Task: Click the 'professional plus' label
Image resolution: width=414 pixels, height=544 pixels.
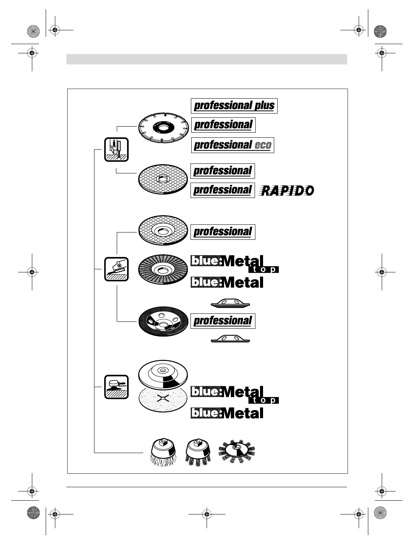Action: (234, 106)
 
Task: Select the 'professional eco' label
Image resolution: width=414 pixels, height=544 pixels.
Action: (232, 145)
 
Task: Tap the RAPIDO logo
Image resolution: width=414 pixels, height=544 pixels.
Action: (287, 190)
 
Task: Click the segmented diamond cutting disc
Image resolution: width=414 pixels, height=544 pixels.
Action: (163, 127)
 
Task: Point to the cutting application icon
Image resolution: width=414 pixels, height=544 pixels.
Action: (116, 150)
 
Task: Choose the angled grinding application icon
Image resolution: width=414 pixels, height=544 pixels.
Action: (116, 269)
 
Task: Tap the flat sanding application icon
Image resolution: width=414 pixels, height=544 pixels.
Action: (116, 387)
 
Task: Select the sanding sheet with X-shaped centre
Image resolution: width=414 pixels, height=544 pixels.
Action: (163, 399)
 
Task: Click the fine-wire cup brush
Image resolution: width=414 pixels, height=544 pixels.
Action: (163, 453)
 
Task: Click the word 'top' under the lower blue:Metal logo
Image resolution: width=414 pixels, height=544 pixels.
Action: (263, 400)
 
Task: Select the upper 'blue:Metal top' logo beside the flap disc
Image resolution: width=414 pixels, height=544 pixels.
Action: (234, 264)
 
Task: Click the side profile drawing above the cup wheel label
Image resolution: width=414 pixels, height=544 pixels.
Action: (230, 304)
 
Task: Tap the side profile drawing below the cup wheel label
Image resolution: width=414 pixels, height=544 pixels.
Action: (230, 338)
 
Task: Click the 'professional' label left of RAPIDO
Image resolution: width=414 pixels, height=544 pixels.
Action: (222, 190)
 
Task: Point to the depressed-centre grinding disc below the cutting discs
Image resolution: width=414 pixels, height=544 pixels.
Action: (163, 230)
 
